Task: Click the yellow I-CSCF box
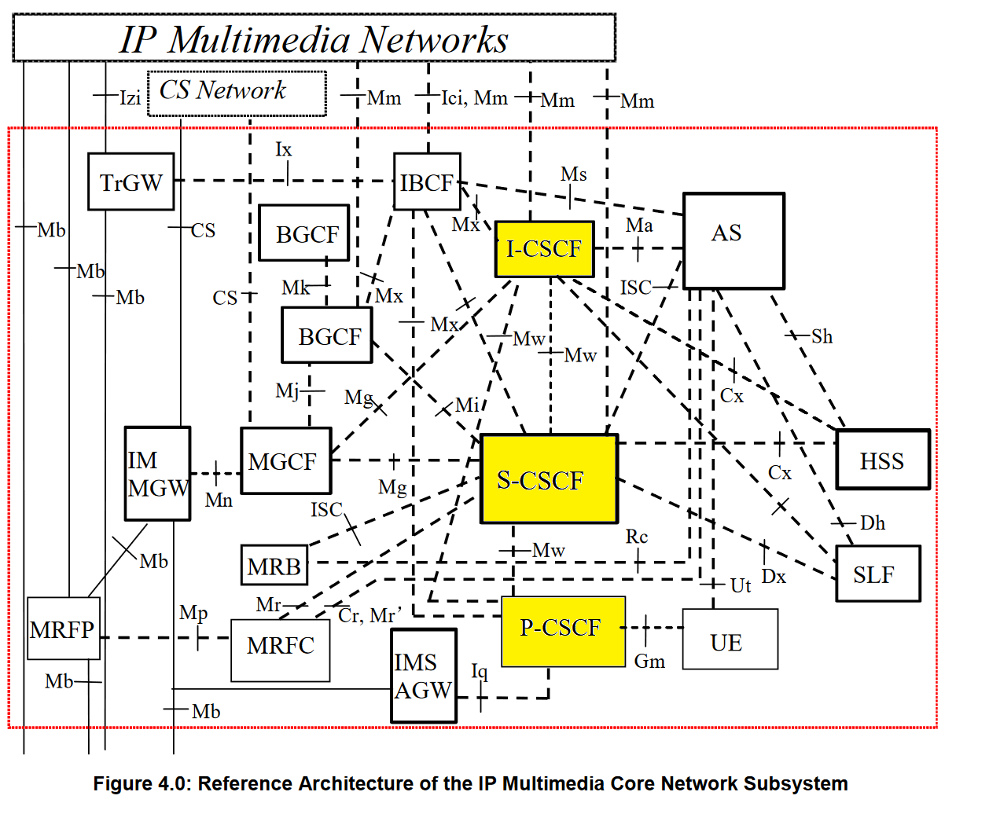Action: tap(544, 249)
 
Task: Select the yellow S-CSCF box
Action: tap(549, 479)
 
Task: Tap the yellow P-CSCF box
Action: tap(563, 631)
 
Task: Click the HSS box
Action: tap(882, 460)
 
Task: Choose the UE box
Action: tap(729, 640)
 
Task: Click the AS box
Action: tap(733, 240)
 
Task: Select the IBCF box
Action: tap(426, 181)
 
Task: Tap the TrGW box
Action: tap(131, 182)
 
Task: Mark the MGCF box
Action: tap(285, 461)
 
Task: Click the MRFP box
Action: tap(63, 629)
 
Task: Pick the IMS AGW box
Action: tap(424, 676)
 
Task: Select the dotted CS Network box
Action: tap(236, 93)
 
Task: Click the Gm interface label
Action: tap(649, 662)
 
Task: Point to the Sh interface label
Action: tap(822, 336)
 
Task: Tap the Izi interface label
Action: tap(130, 97)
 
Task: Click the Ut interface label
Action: tap(741, 585)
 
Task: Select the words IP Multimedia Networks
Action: tap(314, 39)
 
